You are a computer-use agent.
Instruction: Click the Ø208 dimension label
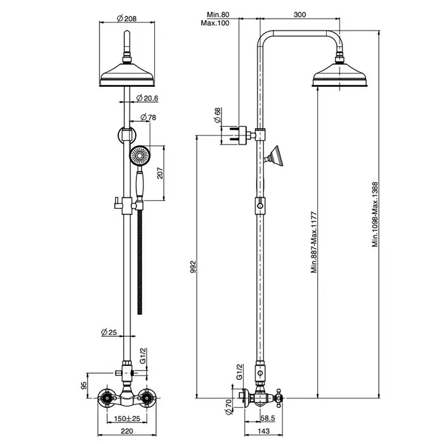pos(127,18)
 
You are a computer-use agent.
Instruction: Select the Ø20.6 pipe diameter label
pos(147,98)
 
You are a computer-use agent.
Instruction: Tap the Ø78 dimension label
pos(148,117)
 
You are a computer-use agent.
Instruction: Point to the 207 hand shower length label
pos(160,173)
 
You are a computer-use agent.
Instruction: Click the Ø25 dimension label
pos(109,332)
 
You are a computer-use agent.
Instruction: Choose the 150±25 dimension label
pos(127,419)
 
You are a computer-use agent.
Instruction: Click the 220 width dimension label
pos(127,431)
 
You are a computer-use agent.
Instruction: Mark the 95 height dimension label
pos(84,386)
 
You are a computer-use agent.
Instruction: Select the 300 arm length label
pos(299,15)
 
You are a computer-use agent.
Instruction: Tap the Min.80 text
pos(218,15)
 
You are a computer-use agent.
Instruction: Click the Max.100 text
pos(215,23)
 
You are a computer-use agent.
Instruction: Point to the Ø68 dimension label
pos(218,115)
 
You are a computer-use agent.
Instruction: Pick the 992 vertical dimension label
pos(193,267)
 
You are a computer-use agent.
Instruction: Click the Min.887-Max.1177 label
pos(314,242)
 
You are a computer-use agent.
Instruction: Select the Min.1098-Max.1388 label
pos(375,214)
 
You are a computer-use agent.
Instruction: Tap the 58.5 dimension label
pos(268,418)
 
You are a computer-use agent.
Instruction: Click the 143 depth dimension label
pos(264,431)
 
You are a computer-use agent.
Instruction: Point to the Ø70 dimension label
pos(229,407)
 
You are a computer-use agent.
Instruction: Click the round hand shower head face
pos(140,155)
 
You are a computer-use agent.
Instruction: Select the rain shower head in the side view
pos(339,74)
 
